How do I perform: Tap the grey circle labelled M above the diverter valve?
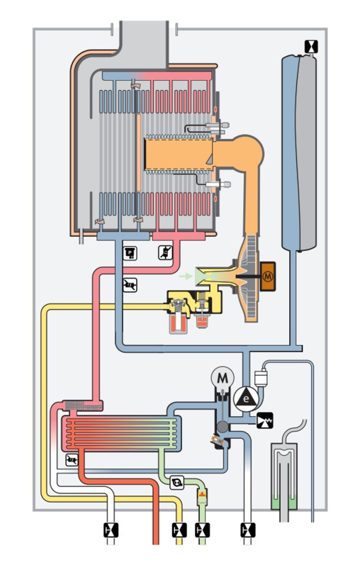(x=223, y=378)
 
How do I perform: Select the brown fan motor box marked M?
(x=267, y=276)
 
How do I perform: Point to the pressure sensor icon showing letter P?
(x=130, y=253)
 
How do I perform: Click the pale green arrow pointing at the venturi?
(x=186, y=276)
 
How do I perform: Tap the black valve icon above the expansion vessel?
(x=311, y=46)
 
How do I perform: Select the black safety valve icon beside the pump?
(x=265, y=420)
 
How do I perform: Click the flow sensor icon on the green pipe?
(x=177, y=483)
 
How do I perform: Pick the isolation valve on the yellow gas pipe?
(x=179, y=530)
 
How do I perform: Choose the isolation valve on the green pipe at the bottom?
(x=203, y=530)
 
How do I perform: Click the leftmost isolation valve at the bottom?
(x=111, y=530)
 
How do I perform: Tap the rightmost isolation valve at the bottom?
(x=248, y=530)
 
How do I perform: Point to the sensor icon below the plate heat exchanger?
(x=72, y=460)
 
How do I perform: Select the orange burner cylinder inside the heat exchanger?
(x=179, y=155)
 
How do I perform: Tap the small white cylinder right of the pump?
(x=260, y=378)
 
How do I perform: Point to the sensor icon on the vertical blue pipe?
(x=130, y=285)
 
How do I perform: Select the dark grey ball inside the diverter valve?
(x=223, y=427)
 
